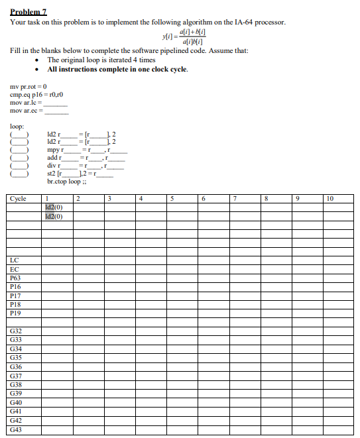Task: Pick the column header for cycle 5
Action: tap(171, 197)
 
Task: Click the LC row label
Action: tap(15, 260)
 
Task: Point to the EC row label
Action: tap(15, 269)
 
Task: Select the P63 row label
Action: tap(16, 278)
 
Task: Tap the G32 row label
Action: tap(17, 329)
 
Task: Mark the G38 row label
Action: tap(17, 384)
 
